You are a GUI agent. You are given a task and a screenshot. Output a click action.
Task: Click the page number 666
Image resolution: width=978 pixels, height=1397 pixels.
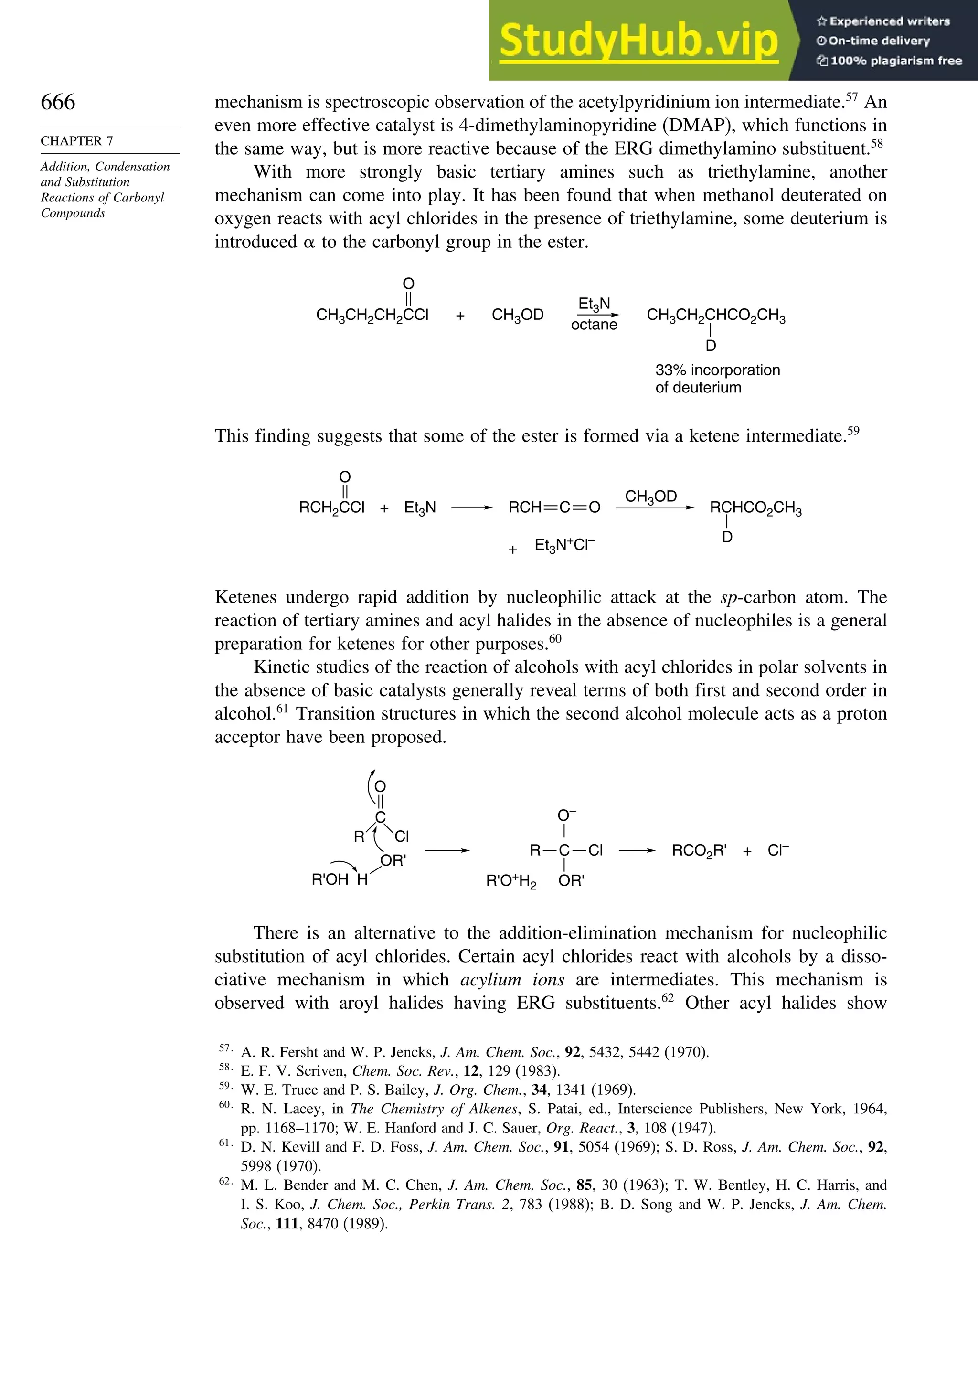click(58, 102)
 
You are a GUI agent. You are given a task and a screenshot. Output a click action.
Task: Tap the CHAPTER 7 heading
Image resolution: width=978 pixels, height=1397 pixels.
click(77, 141)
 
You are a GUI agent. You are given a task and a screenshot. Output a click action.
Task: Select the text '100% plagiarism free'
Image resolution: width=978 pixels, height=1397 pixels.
click(895, 61)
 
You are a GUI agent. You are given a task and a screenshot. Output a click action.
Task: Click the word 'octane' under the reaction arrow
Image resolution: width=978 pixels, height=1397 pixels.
click(594, 325)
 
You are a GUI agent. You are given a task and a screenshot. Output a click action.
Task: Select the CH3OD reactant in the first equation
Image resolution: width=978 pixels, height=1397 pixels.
click(517, 315)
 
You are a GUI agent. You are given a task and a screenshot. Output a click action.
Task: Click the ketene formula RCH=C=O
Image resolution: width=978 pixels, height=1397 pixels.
click(554, 508)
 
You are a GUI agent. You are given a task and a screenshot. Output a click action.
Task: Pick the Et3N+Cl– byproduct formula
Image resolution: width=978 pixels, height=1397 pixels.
click(564, 545)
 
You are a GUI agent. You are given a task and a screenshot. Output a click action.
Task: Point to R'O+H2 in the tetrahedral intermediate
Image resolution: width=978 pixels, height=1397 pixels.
click(511, 881)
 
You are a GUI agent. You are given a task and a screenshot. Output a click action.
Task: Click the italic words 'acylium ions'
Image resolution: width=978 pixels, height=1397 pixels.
click(512, 980)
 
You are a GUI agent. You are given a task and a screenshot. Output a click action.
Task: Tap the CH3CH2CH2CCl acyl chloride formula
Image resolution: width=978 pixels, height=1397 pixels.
click(372, 315)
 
